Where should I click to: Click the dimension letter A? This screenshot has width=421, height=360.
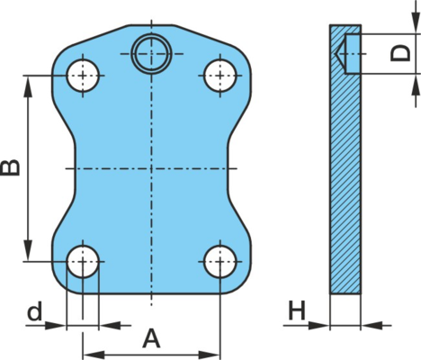[151, 338]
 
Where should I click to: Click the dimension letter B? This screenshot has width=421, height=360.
[10, 167]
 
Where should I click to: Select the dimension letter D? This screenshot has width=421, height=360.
[400, 53]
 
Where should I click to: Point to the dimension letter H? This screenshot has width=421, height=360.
[296, 310]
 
